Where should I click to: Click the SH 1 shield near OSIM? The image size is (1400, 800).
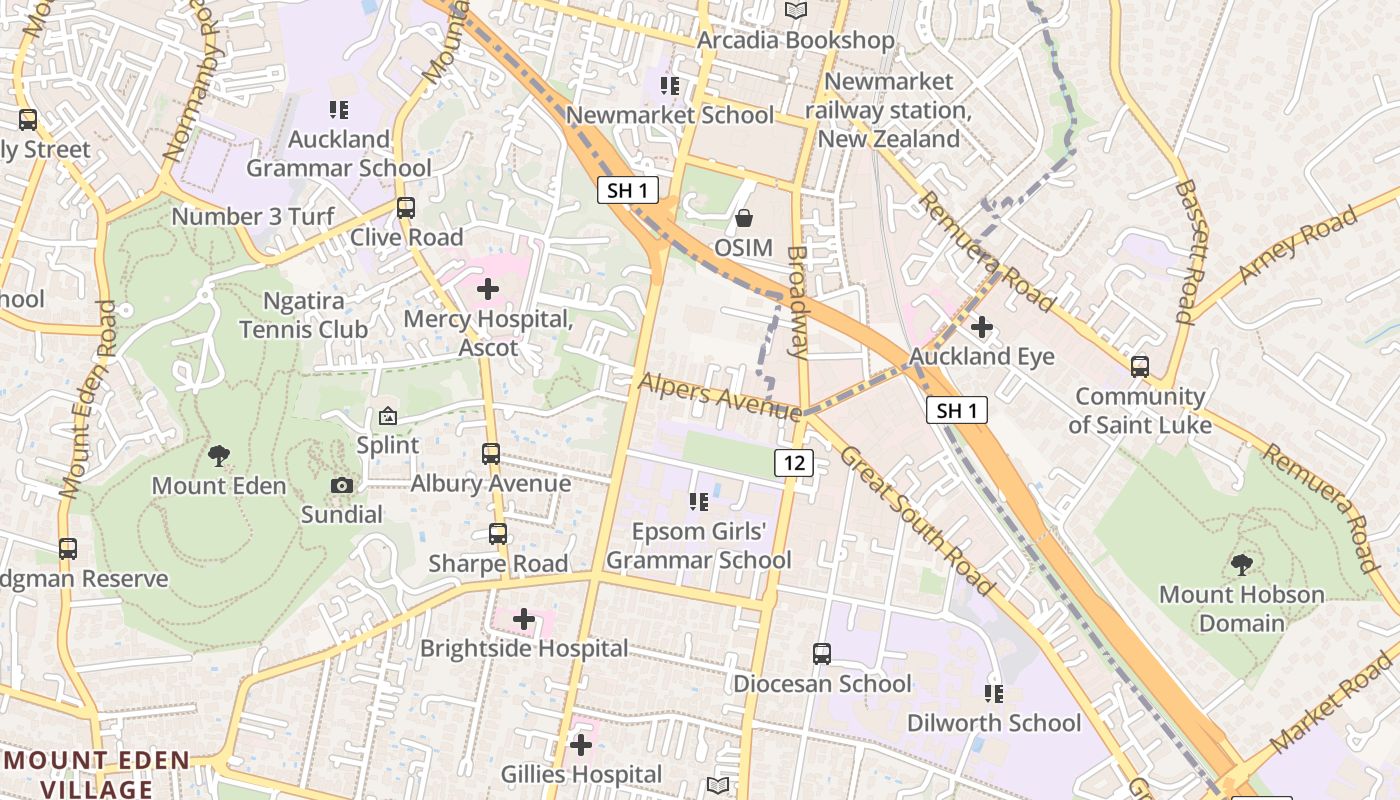(x=628, y=190)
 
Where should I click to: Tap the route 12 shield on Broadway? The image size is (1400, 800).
(x=793, y=462)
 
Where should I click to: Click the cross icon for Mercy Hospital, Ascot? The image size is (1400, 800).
(x=488, y=290)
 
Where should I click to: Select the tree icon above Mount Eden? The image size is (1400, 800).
(x=219, y=456)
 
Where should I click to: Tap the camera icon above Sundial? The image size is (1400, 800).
(x=342, y=485)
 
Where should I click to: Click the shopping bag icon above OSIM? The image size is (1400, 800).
(x=744, y=217)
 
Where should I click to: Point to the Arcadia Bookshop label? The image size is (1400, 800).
(x=795, y=40)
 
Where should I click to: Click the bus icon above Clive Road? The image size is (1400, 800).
(x=406, y=208)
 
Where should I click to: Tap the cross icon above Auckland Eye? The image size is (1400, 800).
(x=982, y=327)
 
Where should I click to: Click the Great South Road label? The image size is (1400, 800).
(x=918, y=520)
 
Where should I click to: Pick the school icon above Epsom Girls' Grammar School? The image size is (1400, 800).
(x=698, y=501)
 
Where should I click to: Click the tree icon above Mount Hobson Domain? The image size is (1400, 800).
(x=1241, y=565)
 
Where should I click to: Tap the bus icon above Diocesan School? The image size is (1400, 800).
(x=822, y=654)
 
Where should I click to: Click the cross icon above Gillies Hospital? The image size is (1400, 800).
(x=581, y=745)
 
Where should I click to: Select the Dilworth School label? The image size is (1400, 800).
(x=993, y=723)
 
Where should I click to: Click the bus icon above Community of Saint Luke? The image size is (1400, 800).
(x=1140, y=367)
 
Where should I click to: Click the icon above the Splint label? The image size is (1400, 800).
(x=388, y=416)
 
